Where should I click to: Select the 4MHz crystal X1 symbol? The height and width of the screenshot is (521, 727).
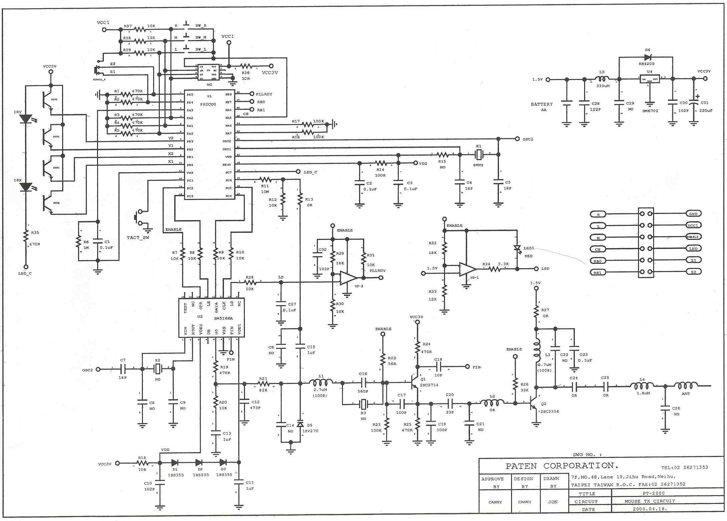479,154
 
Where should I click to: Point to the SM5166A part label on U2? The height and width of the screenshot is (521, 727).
223,318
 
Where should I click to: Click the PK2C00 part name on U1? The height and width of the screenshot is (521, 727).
208,104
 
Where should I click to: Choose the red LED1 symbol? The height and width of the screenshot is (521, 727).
517,248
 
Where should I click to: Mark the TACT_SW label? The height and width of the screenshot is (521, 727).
138,237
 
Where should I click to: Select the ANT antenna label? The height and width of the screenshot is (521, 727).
686,394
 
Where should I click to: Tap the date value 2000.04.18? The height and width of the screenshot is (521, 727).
649,509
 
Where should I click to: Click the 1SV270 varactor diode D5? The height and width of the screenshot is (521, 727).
300,425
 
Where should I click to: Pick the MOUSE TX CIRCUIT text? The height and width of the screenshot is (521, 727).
650,501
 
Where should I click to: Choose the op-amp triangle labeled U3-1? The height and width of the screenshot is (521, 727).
467,269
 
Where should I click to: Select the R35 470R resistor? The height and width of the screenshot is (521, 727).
26,237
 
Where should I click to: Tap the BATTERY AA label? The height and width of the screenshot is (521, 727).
542,107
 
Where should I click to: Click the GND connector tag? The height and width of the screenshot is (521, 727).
693,214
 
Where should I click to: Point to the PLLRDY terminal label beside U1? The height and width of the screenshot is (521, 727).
264,94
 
